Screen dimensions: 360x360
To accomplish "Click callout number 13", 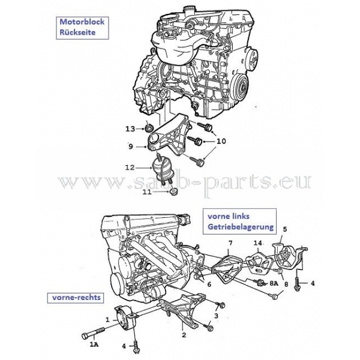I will [130, 129].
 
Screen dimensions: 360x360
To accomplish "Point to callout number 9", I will [131, 146].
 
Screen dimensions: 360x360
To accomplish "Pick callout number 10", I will [221, 142].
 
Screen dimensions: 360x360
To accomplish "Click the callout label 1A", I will [94, 345].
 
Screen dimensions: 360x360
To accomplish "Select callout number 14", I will [257, 243].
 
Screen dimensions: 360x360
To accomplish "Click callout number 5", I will [285, 229].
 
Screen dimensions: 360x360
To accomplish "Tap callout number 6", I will [209, 284].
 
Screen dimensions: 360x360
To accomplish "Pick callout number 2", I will [184, 334].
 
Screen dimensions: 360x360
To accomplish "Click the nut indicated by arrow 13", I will [148, 128].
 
